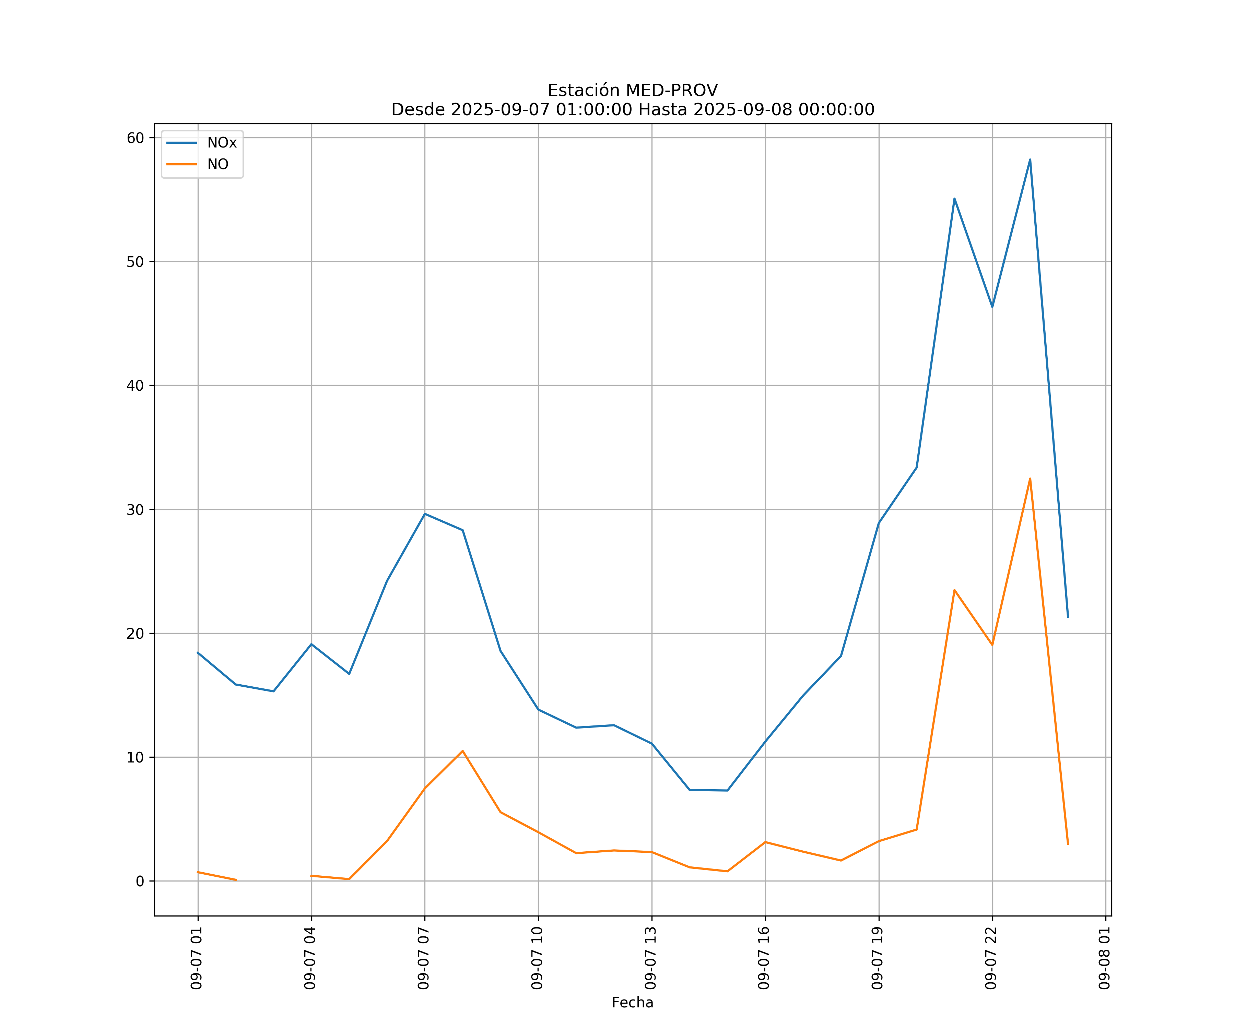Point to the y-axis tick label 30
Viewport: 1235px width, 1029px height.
(x=135, y=510)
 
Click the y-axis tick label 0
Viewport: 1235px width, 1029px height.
(x=139, y=881)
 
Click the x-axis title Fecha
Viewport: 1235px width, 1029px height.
(x=632, y=1003)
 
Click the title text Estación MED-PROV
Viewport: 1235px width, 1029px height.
(x=632, y=91)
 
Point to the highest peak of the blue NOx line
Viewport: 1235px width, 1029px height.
(x=1030, y=159)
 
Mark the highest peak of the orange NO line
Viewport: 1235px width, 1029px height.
(x=1030, y=478)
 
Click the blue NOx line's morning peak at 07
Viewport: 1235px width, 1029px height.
(x=425, y=514)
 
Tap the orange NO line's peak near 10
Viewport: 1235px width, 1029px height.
(x=462, y=751)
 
